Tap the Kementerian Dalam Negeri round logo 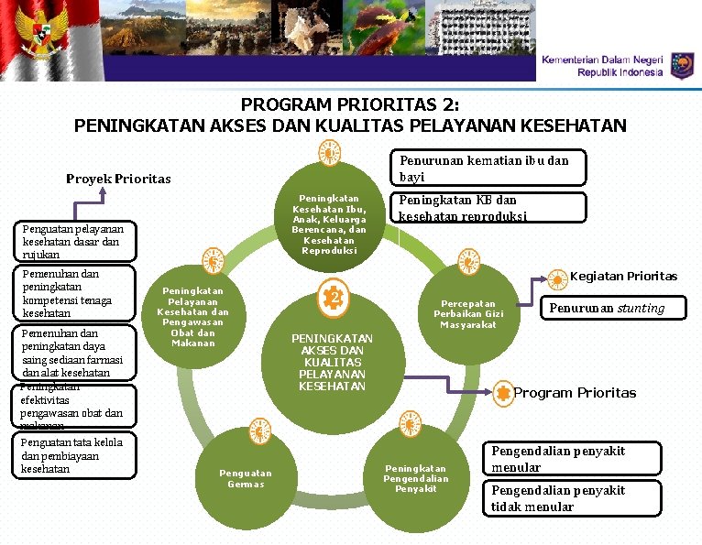[682, 66]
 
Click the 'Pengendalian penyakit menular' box [571, 459]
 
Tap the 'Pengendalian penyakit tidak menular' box [571, 498]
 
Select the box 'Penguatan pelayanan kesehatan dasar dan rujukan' [78, 241]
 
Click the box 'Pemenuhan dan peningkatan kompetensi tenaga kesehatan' [78, 293]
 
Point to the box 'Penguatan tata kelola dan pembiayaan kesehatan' [78, 456]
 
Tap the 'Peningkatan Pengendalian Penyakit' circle [415, 476]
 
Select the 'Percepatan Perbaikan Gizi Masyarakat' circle [467, 314]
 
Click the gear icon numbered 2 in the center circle [335, 298]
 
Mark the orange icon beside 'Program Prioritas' [502, 393]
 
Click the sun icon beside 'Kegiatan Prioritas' [557, 277]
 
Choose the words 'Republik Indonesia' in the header [619, 72]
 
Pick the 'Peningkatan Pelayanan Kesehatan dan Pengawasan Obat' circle [192, 316]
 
